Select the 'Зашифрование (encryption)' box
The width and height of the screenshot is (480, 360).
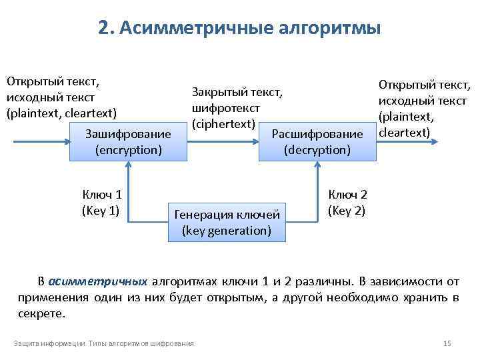[x=128, y=141]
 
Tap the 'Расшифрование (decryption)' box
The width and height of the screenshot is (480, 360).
[x=317, y=141]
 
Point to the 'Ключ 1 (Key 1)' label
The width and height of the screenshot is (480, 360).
[x=101, y=202]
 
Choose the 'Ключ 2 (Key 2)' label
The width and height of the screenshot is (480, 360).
[x=347, y=202]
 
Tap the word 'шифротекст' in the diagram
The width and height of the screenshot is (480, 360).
[x=225, y=107]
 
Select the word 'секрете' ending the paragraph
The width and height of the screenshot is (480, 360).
[x=42, y=313]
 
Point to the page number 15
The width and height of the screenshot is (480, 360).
[x=447, y=343]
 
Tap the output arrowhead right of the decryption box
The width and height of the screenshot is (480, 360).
[x=436, y=141]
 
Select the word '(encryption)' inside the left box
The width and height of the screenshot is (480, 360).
[x=128, y=149]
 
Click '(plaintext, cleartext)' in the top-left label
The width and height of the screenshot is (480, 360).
[x=61, y=113]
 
